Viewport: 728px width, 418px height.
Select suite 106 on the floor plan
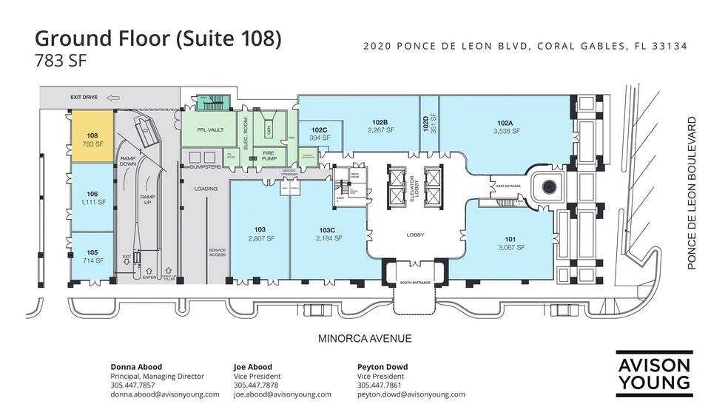point(92,197)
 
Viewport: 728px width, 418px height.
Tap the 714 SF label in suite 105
point(92,262)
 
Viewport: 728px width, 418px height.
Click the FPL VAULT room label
point(210,130)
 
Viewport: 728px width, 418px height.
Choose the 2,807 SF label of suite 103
point(260,239)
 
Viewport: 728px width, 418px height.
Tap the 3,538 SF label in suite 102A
point(507,131)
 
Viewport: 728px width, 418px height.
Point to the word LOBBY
point(415,235)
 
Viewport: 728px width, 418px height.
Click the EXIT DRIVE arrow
point(113,97)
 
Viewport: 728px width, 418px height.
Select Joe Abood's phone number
point(255,385)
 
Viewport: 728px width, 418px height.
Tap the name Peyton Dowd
point(382,367)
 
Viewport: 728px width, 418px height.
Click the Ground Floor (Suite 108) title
point(158,38)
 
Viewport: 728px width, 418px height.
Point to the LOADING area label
point(206,189)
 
